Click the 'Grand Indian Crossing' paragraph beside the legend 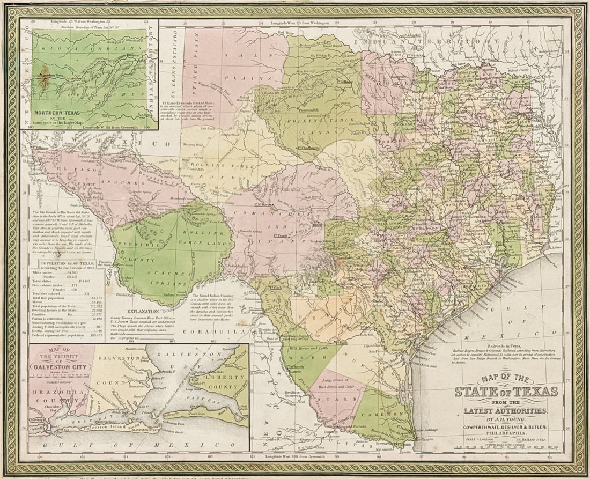click(x=215, y=306)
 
